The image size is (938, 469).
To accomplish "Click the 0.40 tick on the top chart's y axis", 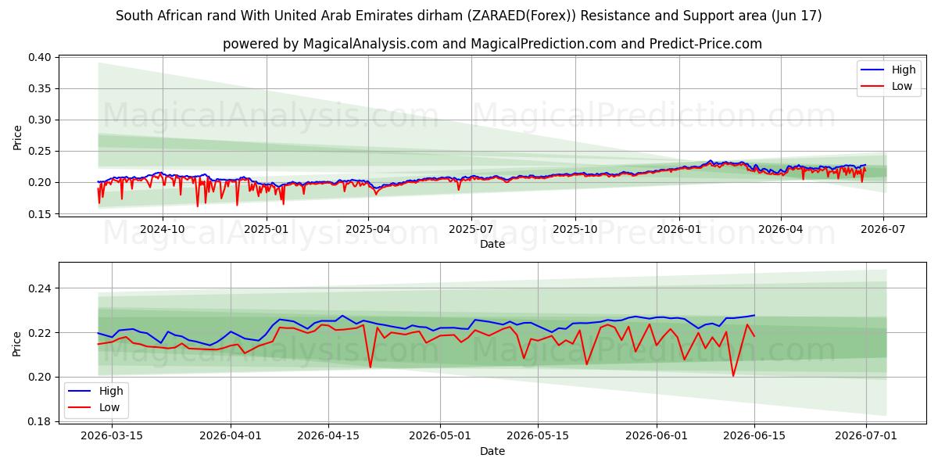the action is (x=39, y=57).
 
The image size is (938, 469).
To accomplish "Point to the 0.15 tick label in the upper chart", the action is (x=39, y=214).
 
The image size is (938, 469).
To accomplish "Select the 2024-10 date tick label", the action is (x=162, y=230).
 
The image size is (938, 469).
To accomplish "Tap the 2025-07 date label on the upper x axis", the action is (x=471, y=230).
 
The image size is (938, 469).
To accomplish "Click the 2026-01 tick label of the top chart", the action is (x=678, y=230).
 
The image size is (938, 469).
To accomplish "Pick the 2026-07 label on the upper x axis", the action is (x=883, y=230).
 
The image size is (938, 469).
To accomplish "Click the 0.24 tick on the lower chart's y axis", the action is (x=39, y=288).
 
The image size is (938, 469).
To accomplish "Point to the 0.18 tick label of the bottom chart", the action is (x=39, y=421).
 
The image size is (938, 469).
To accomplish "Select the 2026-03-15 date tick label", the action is (x=112, y=436).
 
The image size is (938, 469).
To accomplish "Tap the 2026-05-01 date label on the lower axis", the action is (x=440, y=436).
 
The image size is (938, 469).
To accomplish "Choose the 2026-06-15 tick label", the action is (x=754, y=436).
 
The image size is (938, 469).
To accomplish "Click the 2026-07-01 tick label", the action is (x=866, y=436).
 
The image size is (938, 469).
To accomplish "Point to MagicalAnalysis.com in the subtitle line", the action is (x=371, y=44).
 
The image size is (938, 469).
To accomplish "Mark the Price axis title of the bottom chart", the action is (x=16, y=344).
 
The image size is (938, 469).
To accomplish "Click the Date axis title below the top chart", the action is (x=492, y=244).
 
